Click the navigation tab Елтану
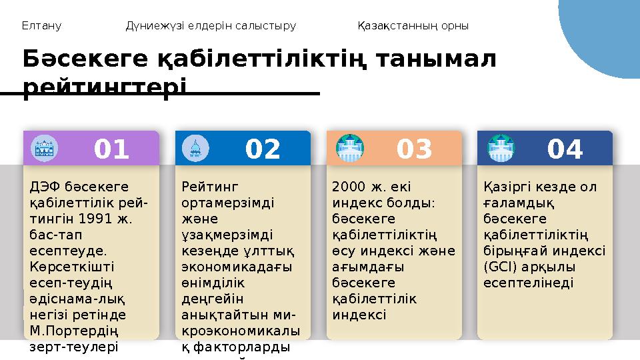[x=41, y=26]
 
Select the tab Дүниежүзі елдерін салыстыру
[x=211, y=26]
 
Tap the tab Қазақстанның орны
[x=413, y=26]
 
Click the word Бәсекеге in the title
[x=84, y=59]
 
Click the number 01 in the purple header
[x=111, y=149]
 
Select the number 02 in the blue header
[x=263, y=149]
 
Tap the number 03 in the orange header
[x=414, y=149]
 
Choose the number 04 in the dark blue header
[x=565, y=149]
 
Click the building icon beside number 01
[x=45, y=148]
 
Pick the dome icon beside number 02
[x=196, y=148]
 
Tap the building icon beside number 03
[x=349, y=148]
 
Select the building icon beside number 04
[x=501, y=148]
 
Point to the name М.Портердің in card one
[x=66, y=331]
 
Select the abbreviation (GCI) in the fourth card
[x=501, y=266]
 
